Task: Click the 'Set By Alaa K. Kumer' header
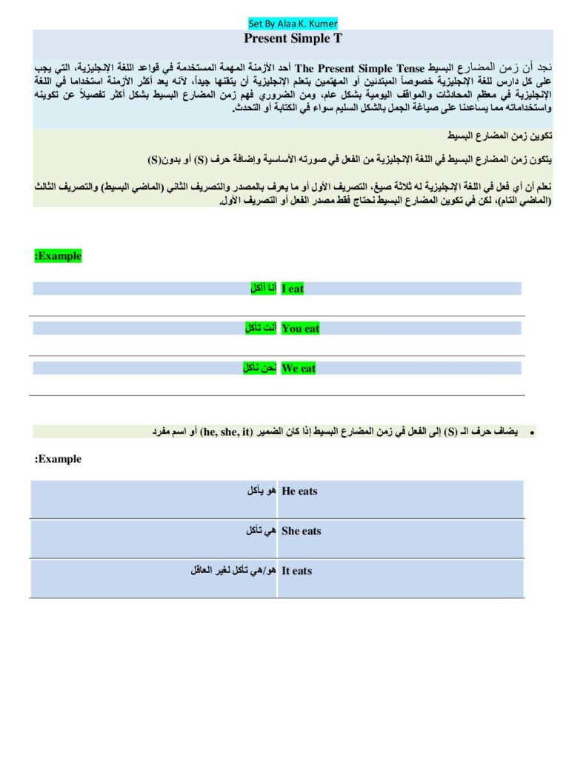pos(293,24)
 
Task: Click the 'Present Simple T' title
pos(293,38)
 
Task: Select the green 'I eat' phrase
pos(293,289)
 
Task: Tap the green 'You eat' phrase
pos(300,329)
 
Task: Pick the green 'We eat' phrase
pos(299,369)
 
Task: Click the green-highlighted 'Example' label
pos(58,256)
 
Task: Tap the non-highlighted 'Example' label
pos(58,459)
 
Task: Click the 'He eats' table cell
pos(299,492)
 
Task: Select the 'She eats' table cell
pos(302,531)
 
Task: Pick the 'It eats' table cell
pos(297,571)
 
